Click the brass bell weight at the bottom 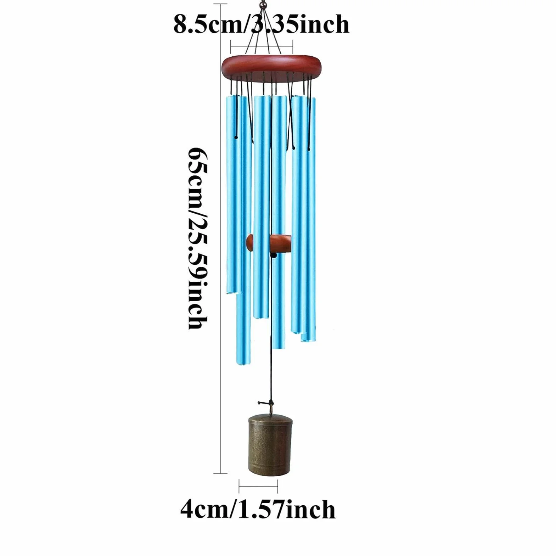pos(270,445)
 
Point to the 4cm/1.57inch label pos(258,510)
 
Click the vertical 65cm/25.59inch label pos(197,238)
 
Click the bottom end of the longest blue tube pos(243,363)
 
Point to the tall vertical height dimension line pos(221,238)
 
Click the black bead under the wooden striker pos(273,254)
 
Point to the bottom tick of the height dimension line pos(221,473)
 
